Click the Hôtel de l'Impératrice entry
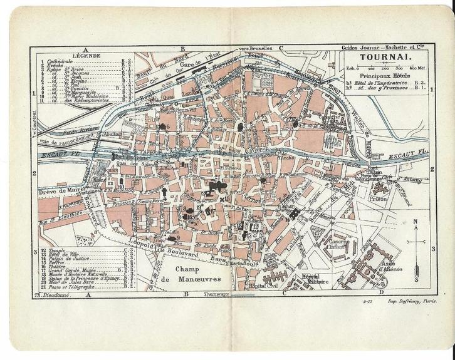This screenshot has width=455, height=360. pos(379,82)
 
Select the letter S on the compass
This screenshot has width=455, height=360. pos(415,270)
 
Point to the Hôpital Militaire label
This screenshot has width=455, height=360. pos(312,280)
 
